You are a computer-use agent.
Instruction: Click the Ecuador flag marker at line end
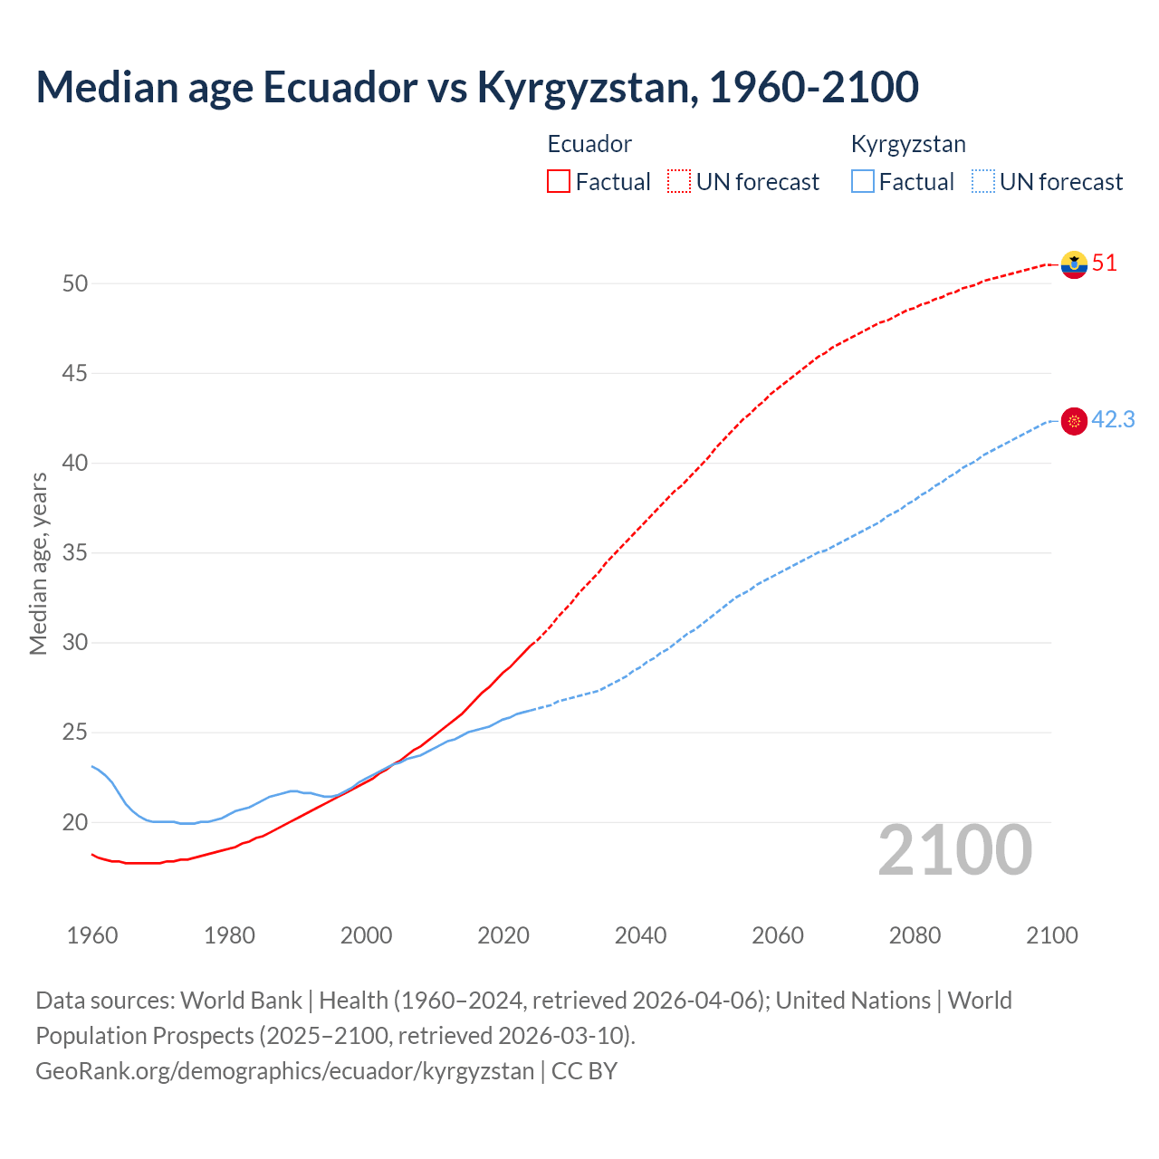(x=1074, y=264)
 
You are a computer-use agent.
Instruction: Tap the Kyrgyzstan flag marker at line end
(x=1074, y=421)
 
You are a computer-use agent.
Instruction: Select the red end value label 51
(x=1105, y=263)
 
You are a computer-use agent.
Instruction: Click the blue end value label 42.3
(x=1113, y=420)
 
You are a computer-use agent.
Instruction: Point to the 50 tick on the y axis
(x=75, y=283)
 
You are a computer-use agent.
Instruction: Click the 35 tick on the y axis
(x=75, y=552)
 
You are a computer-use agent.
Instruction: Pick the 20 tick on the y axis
(x=75, y=822)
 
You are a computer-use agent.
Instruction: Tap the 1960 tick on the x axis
(x=92, y=935)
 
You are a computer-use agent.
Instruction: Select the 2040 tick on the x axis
(x=640, y=935)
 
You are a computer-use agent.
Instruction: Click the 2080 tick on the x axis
(x=915, y=935)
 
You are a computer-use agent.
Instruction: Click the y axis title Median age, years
(x=38, y=563)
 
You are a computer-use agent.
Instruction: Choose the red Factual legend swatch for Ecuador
(x=559, y=182)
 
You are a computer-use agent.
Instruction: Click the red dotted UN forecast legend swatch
(x=679, y=182)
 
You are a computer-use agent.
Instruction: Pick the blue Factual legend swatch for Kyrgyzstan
(x=863, y=182)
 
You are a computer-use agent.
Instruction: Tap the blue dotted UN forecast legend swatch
(x=983, y=182)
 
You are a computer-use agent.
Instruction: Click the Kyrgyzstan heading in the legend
(x=908, y=144)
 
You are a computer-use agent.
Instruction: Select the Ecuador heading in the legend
(x=589, y=144)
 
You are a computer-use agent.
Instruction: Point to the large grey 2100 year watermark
(x=955, y=850)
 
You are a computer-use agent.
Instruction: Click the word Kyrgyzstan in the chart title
(x=587, y=87)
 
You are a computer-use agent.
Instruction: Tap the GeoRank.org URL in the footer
(x=285, y=1071)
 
